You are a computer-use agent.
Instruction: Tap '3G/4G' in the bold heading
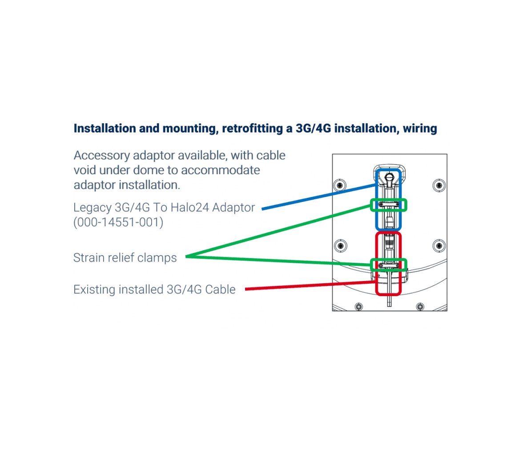click(x=313, y=129)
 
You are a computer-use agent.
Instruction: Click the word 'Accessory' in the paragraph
click(x=102, y=156)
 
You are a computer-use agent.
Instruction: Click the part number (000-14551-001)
click(x=118, y=222)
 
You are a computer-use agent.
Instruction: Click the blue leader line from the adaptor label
click(x=319, y=197)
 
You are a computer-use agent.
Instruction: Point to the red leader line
click(x=311, y=285)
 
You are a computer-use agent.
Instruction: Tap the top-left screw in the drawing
click(x=340, y=185)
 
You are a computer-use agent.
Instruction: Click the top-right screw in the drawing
click(x=439, y=185)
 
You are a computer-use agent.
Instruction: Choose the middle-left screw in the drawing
click(x=341, y=246)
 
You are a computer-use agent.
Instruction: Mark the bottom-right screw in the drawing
click(x=420, y=306)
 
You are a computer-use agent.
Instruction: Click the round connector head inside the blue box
click(x=389, y=177)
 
